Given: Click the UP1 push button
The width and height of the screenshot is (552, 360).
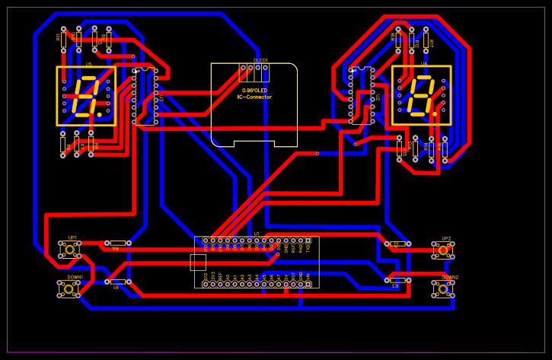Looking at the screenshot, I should [70, 250].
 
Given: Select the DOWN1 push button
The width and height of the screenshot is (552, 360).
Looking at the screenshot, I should [69, 289].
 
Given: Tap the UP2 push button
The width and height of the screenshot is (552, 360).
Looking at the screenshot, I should [443, 250].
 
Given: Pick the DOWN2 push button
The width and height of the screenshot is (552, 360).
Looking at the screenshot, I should [443, 288].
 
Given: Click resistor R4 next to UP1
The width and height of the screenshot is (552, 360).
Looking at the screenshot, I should [117, 243].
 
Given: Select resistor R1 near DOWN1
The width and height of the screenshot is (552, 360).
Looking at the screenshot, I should [117, 282].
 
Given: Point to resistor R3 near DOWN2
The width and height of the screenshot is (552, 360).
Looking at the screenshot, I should [397, 280].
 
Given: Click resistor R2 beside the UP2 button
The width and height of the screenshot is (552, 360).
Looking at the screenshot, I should [397, 244].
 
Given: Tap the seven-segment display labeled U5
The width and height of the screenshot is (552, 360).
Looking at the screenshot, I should [86, 96].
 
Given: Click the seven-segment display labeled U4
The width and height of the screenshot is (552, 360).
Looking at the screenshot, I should [421, 96].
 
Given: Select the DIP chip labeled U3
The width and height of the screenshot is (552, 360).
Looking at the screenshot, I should [145, 96].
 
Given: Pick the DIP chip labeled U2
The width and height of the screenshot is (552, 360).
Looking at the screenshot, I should [362, 96].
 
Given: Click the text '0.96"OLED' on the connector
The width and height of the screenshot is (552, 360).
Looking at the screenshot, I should [254, 91].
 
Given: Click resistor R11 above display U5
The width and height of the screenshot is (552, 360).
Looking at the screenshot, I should [64, 38].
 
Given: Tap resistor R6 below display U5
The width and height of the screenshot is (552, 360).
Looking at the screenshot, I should [63, 145].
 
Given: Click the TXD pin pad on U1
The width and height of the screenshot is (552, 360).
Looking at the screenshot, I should [308, 241].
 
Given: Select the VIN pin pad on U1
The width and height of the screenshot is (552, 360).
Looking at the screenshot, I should [308, 284].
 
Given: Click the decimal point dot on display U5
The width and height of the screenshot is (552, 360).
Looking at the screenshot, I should [99, 114].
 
